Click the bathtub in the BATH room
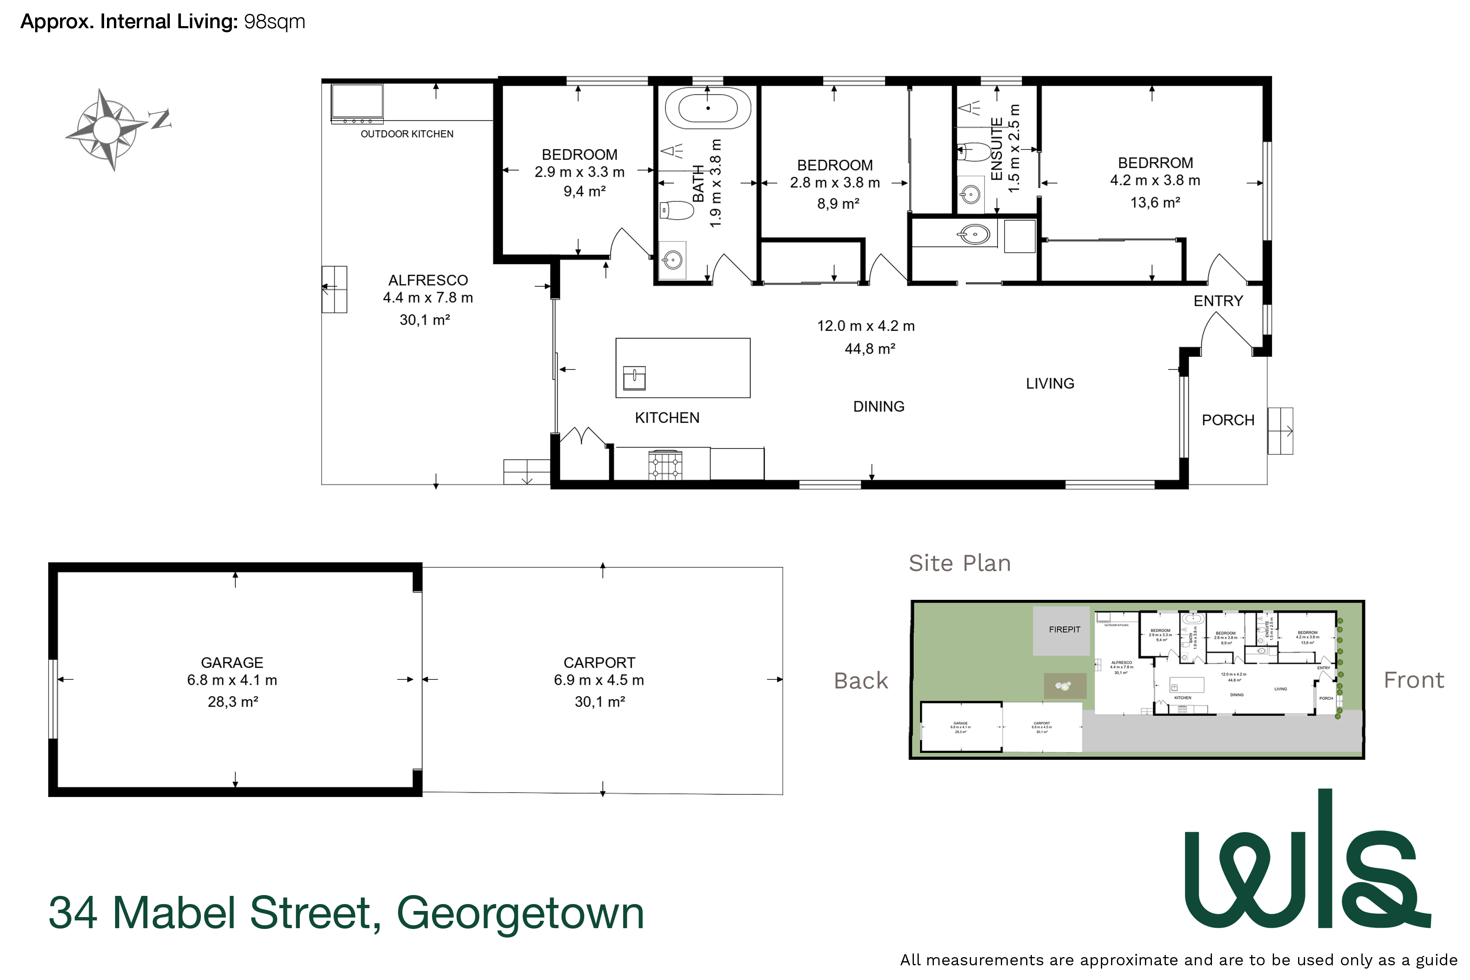point(708,108)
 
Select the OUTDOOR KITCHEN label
point(407,134)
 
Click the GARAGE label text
point(232,662)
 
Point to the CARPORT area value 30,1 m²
point(599,702)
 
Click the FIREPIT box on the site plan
point(1064,630)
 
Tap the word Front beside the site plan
point(1413,680)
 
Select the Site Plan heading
point(959,563)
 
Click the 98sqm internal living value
point(274,22)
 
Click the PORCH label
point(1227,420)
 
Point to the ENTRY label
point(1218,301)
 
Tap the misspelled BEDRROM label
point(1155,163)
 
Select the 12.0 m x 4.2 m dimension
point(866,326)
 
